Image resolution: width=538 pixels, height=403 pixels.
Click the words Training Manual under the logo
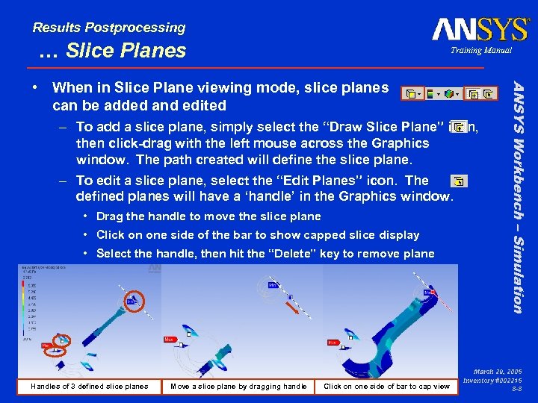click(481, 51)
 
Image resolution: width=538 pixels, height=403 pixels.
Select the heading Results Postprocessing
click(109, 28)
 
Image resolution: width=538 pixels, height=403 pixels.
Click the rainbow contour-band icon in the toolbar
click(431, 94)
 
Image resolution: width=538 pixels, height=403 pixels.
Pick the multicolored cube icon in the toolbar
click(449, 94)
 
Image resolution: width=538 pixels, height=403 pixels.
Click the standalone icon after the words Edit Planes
click(459, 181)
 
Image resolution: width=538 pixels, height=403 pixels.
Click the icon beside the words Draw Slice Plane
click(460, 128)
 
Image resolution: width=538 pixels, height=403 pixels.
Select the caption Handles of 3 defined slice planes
click(89, 386)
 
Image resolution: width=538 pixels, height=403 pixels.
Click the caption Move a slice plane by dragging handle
click(238, 386)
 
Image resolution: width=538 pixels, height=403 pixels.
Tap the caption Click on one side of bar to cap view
click(386, 386)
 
